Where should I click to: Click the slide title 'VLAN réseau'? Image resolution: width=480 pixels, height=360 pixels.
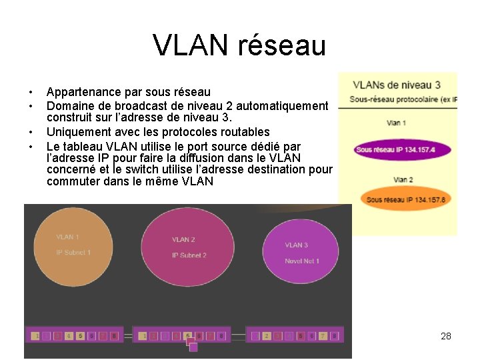coord(239,45)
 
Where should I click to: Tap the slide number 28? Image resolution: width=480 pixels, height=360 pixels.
coord(446,336)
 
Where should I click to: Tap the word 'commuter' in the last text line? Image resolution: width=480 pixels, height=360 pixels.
coord(72,181)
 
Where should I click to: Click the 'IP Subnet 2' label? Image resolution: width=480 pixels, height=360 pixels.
coord(189,255)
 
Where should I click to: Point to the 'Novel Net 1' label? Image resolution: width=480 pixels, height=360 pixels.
coord(302,261)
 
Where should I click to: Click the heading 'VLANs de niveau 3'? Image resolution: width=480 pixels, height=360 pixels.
coord(396,85)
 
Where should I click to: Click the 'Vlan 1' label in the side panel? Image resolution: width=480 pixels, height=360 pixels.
coord(396,123)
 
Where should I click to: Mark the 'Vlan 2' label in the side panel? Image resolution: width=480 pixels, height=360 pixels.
coord(403,179)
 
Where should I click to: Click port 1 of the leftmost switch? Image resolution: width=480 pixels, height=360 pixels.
coord(37,336)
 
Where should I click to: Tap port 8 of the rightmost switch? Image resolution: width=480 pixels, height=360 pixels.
coord(335,336)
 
